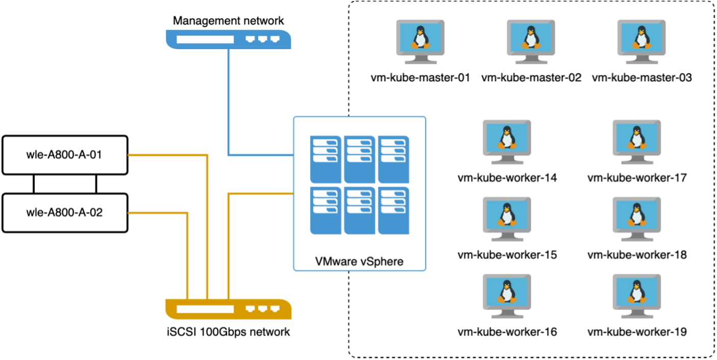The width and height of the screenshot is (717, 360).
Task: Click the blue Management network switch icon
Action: tap(228, 39)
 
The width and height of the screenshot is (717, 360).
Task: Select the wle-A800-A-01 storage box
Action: tap(64, 154)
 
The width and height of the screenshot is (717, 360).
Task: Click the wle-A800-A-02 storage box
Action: tap(64, 212)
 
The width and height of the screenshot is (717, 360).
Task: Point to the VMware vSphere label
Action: tap(359, 261)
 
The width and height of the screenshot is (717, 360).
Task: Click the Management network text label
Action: tap(228, 21)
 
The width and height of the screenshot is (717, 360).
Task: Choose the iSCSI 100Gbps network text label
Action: tap(228, 332)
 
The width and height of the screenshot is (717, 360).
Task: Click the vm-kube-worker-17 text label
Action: tap(637, 178)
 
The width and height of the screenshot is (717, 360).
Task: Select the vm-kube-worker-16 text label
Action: tap(507, 332)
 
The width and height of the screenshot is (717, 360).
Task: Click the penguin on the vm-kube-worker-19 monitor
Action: tap(636, 292)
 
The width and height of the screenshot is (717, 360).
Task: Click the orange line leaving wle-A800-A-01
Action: tap(168, 154)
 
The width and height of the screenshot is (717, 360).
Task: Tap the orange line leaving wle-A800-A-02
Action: tap(158, 212)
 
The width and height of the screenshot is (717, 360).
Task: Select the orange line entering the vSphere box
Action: tap(260, 194)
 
